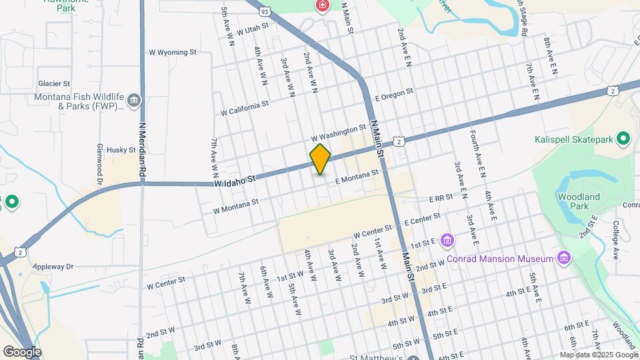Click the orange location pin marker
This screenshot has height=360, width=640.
(321, 159)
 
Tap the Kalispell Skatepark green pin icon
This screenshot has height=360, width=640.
(624, 139)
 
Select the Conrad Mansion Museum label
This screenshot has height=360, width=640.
(501, 259)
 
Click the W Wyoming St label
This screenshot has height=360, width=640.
(173, 51)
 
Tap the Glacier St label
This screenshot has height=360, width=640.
(54, 84)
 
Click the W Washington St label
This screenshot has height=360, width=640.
(339, 132)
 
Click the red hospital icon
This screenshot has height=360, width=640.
(323, 6)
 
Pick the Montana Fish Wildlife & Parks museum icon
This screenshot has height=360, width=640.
(135, 101)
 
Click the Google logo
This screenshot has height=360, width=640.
(21, 351)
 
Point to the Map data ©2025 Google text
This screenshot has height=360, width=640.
(599, 355)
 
